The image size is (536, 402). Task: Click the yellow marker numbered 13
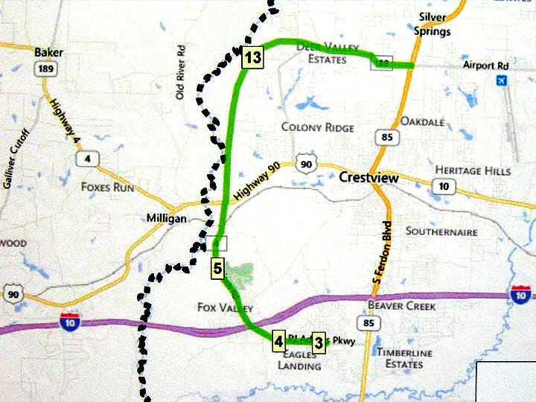[x=252, y=58]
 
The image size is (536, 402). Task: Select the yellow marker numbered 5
[x=217, y=268]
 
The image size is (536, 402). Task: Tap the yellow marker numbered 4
[x=278, y=342]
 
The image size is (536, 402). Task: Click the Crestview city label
[x=368, y=178]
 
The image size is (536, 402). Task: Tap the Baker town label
[x=49, y=53]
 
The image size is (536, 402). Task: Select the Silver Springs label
[x=435, y=24]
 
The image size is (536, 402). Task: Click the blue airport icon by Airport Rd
[x=501, y=80]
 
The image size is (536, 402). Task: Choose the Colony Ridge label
[x=317, y=127]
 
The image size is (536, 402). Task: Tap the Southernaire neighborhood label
[x=441, y=232]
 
